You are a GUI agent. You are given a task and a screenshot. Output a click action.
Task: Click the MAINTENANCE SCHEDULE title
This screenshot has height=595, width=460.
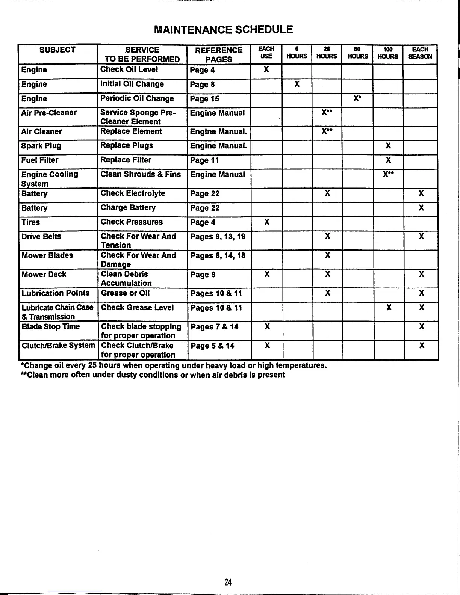click(x=223, y=30)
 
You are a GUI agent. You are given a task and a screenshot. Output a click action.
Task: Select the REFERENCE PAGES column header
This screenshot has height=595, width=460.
click(x=218, y=54)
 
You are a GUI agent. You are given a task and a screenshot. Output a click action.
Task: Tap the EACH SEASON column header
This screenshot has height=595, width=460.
click(x=420, y=53)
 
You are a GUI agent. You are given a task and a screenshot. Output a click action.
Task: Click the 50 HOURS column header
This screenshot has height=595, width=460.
click(x=357, y=53)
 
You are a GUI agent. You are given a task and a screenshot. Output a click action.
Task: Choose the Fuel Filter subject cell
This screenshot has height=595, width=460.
click(x=40, y=160)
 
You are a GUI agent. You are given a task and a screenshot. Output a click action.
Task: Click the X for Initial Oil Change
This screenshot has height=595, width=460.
click(x=297, y=84)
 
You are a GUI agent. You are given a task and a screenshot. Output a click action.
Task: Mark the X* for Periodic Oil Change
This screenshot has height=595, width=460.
click(x=357, y=98)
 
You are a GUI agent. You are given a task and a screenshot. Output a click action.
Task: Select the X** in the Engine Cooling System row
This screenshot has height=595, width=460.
click(x=389, y=174)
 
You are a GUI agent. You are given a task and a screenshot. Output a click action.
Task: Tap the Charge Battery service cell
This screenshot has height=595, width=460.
click(x=128, y=208)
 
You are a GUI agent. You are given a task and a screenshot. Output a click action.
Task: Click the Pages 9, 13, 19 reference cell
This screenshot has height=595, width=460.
click(x=218, y=237)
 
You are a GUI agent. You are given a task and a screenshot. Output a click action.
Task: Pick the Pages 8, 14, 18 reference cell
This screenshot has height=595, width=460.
click(x=218, y=256)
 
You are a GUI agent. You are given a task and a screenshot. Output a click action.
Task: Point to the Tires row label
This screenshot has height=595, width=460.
click(x=31, y=222)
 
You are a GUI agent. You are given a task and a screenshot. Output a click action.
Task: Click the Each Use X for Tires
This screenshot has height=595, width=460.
click(x=267, y=222)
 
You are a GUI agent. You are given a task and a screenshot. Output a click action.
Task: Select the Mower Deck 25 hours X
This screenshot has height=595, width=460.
click(x=328, y=274)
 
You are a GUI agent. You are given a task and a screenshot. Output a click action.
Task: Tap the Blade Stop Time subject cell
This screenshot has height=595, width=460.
click(x=51, y=326)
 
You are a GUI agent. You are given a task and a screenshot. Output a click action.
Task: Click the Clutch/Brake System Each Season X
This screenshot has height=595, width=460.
click(x=422, y=346)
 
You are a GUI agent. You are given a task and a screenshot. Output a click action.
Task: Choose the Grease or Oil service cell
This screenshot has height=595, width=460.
click(x=125, y=293)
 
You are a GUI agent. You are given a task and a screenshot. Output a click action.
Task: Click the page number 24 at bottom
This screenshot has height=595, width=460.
click(x=228, y=582)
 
